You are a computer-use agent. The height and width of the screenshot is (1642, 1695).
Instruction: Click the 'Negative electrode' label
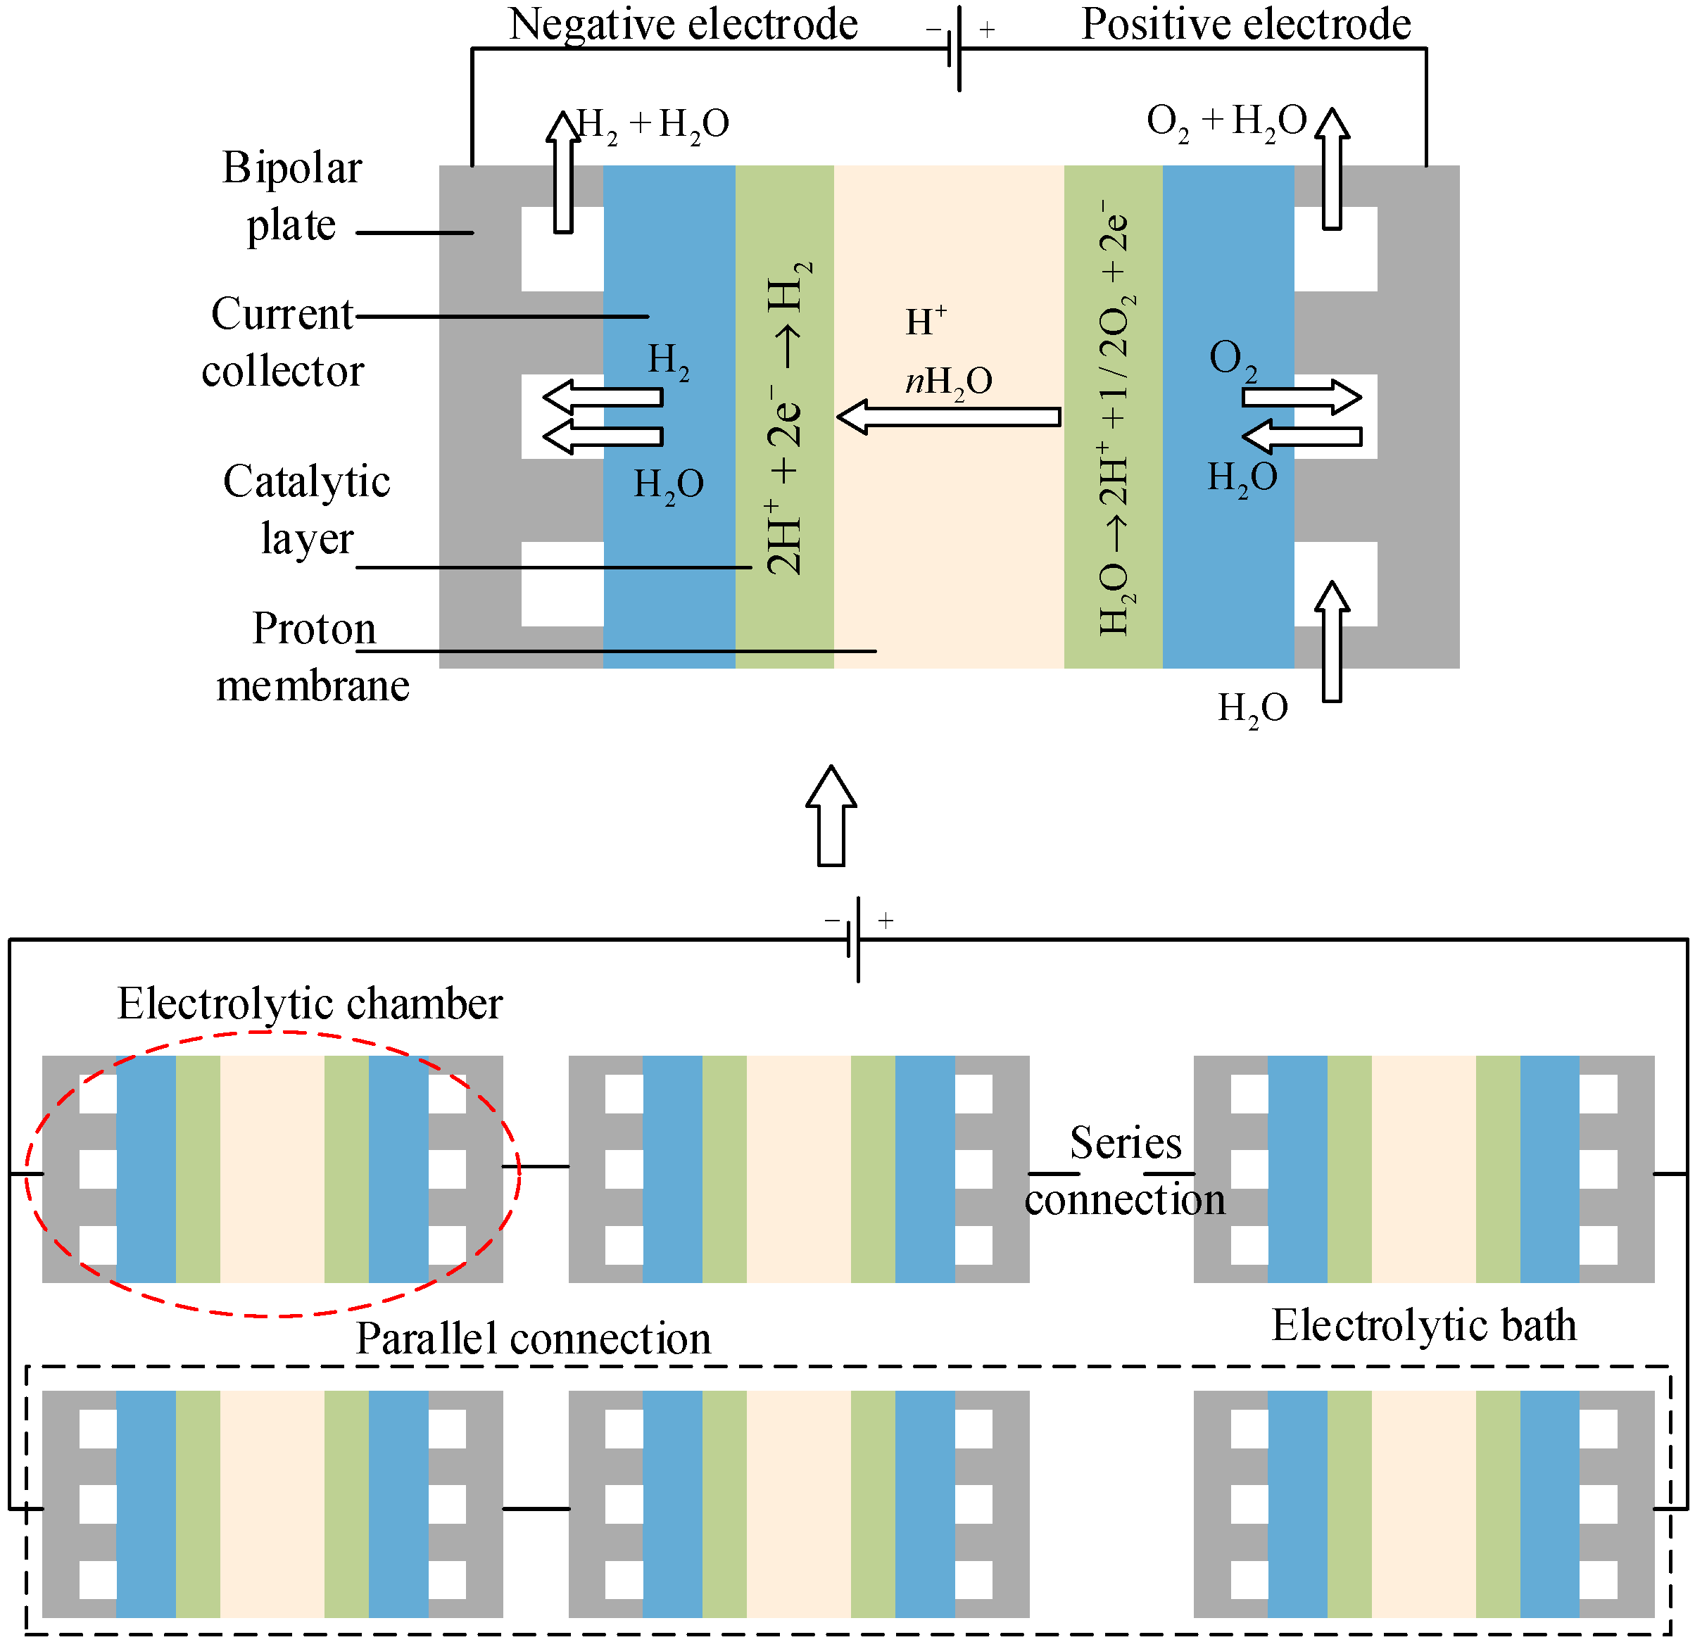click(683, 24)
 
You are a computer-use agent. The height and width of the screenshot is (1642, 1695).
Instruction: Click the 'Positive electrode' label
click(1246, 24)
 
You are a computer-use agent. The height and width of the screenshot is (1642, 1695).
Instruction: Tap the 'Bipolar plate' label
click(291, 197)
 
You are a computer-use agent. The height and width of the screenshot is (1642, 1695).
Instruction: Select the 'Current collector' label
click(283, 343)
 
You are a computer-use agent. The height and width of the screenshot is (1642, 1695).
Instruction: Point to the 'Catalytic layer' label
click(307, 510)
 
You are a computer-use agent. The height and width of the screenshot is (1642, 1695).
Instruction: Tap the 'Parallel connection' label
click(534, 1339)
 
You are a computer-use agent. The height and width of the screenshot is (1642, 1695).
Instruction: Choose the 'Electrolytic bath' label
click(1424, 1325)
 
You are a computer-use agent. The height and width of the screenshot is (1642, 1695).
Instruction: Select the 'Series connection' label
click(1125, 1172)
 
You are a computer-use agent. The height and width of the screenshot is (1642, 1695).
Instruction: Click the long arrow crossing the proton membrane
click(949, 417)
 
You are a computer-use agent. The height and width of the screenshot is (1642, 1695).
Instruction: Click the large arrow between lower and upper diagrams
click(831, 816)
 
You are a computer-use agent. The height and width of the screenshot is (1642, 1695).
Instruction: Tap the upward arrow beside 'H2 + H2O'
click(564, 171)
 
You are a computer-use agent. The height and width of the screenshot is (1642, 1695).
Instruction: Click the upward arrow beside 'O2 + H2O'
click(1332, 169)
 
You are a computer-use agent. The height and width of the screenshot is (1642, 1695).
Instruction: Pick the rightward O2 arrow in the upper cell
click(1302, 398)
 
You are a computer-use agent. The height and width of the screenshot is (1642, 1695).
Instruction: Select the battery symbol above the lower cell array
click(858, 940)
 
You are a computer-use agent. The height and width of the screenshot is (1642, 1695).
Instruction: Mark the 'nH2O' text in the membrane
click(949, 382)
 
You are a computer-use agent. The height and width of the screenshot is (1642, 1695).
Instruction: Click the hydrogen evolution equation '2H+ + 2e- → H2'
click(788, 417)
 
